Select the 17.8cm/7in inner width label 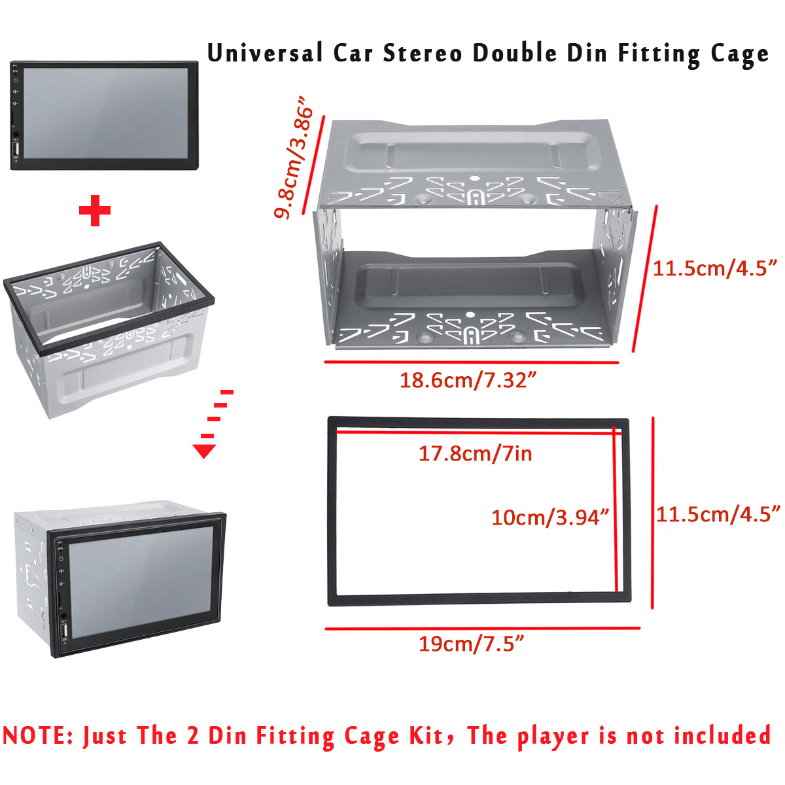tap(475, 453)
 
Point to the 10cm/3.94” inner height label tap(549, 517)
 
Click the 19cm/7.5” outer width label tap(471, 644)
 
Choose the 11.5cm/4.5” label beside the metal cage tap(715, 268)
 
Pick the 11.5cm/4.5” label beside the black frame tap(718, 514)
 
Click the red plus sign tap(95, 211)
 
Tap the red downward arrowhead tap(205, 451)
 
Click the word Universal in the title tap(265, 53)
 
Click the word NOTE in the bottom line tap(38, 736)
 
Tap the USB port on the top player tap(16, 150)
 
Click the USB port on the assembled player tap(64, 632)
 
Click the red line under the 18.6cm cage tap(471, 362)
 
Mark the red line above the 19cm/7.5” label tap(482, 629)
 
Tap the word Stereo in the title tap(422, 53)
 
